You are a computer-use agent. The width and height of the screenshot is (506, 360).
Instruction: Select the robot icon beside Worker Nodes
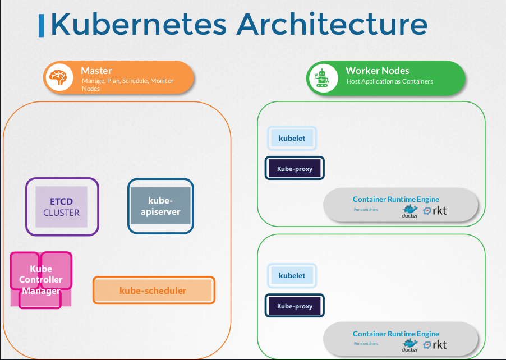coord(322,78)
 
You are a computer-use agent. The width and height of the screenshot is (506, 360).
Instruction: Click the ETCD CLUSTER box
coord(62,206)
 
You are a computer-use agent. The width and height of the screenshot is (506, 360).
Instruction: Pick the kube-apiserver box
coord(160,206)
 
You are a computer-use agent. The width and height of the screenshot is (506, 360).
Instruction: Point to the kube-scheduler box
coord(153,290)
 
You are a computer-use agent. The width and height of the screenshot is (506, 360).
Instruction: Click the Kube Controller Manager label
coord(41,280)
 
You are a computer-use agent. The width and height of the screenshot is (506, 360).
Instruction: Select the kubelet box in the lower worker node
coord(292,275)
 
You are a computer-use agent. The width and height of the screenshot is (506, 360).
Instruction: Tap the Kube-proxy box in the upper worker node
coord(295,168)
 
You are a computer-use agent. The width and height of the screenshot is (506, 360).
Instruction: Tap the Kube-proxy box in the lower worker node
coord(295,306)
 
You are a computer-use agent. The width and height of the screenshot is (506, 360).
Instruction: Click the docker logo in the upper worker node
coord(410,211)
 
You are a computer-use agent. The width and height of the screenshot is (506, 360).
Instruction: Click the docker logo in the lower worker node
coord(410,345)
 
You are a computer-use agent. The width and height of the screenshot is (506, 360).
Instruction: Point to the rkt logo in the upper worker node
coord(435,211)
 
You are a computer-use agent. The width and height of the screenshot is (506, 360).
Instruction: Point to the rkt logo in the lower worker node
coord(435,344)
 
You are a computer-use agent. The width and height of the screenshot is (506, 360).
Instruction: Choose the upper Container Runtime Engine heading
coord(396,199)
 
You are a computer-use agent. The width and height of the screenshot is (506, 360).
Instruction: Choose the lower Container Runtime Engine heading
coord(396,334)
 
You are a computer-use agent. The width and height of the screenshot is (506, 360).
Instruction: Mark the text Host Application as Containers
coord(390,81)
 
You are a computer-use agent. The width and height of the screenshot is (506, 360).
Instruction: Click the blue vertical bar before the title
coord(42,26)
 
